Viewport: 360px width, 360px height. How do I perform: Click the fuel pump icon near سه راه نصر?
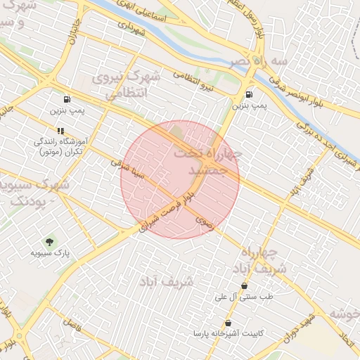pos(249,94)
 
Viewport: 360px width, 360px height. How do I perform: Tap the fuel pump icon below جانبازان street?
pos(67,99)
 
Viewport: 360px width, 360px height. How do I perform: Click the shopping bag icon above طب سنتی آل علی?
pos(244,285)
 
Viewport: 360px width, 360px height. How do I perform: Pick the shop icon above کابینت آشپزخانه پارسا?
pos(229,323)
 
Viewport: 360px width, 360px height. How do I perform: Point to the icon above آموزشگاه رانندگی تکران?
pos(61,130)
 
